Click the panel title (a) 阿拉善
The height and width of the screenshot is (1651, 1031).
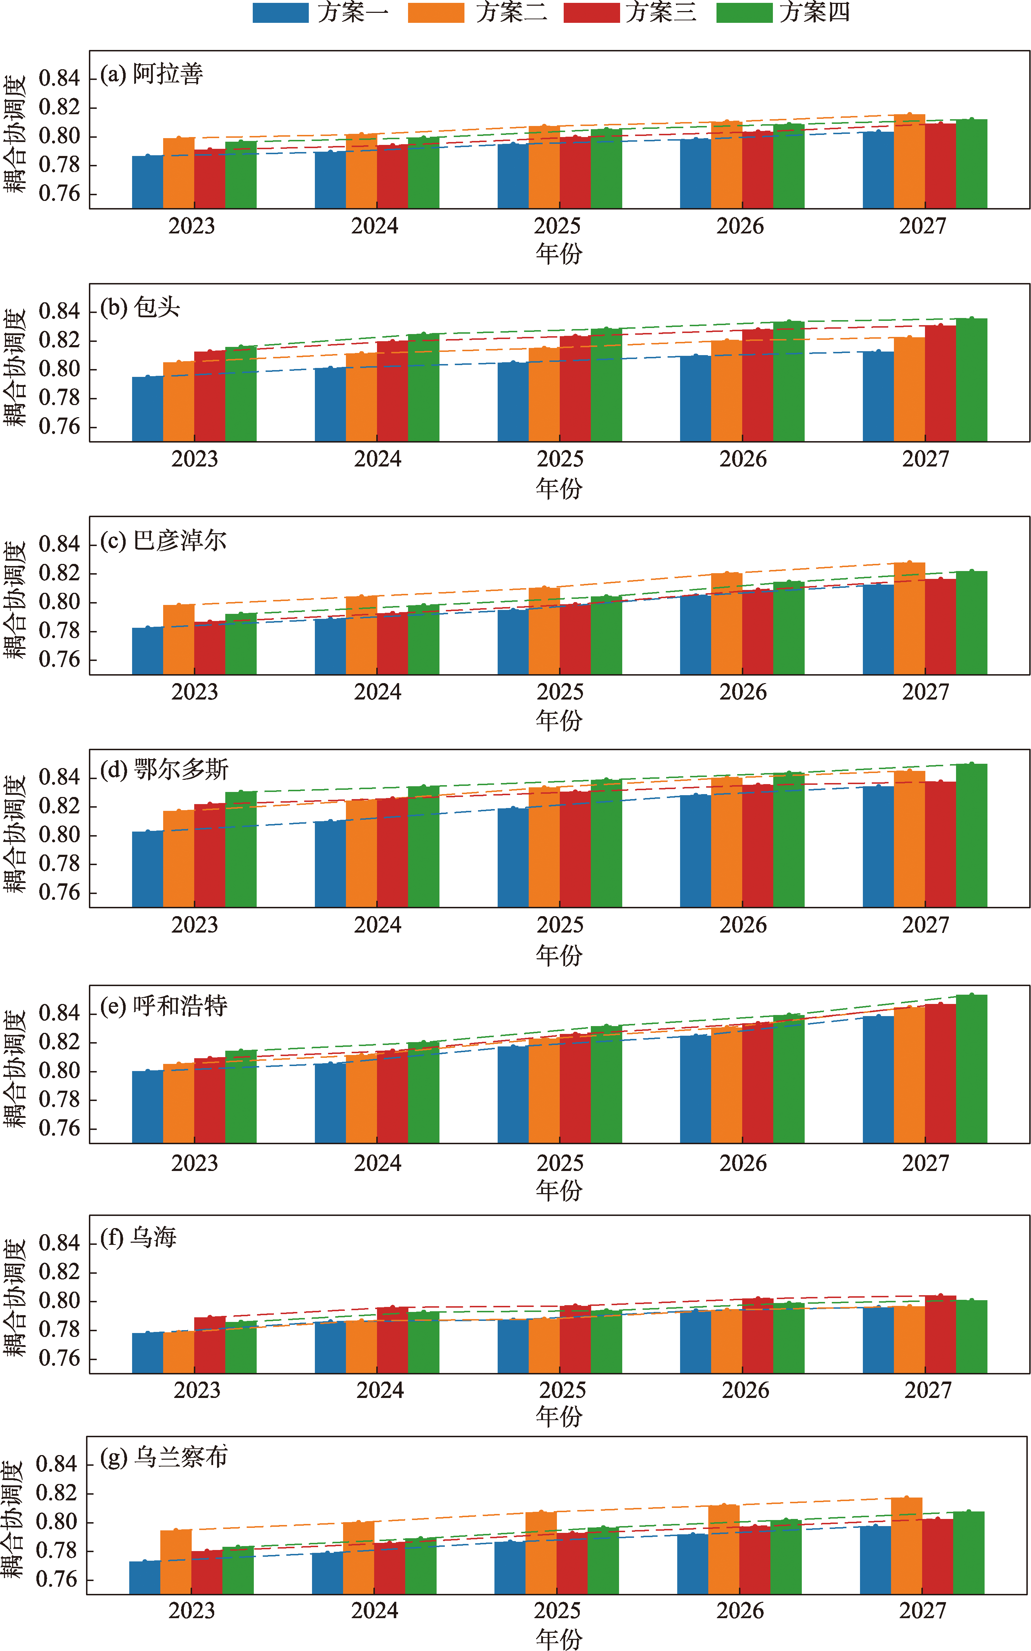[151, 74]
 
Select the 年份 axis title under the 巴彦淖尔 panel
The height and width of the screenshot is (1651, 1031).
[559, 721]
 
